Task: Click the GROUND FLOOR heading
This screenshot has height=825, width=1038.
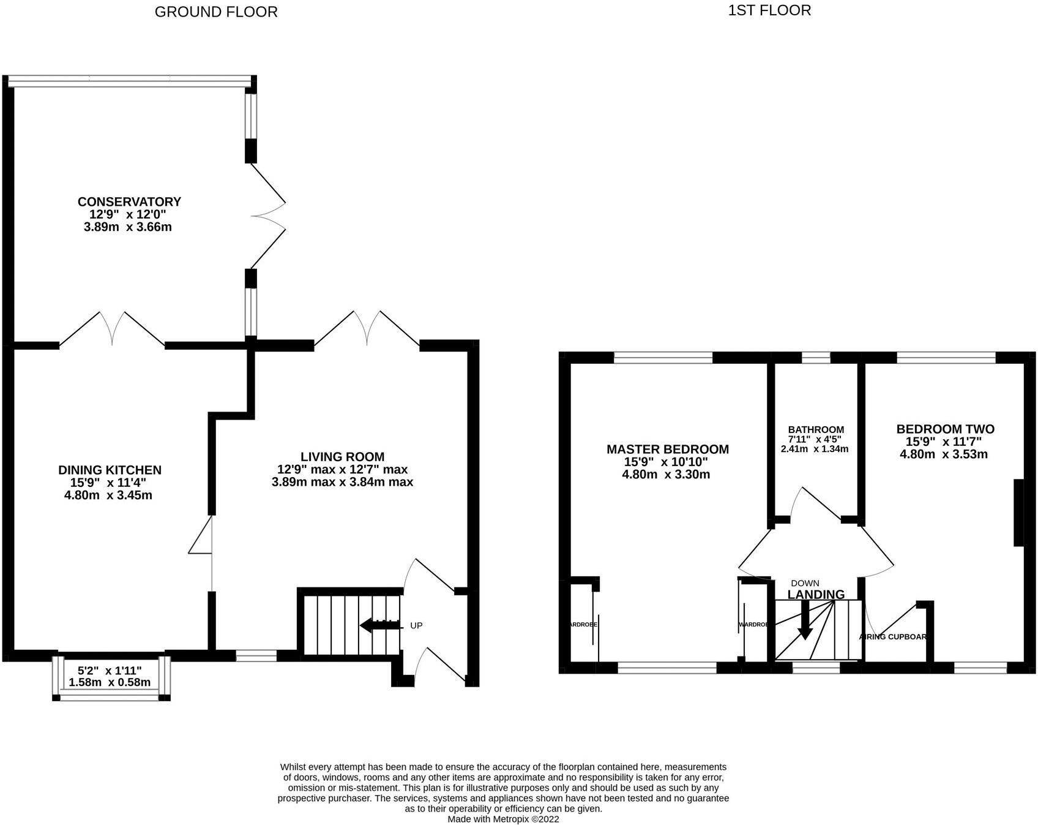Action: (x=215, y=12)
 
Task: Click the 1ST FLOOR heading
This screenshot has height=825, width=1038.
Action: (x=769, y=10)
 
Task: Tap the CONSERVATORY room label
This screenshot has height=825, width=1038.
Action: (x=129, y=202)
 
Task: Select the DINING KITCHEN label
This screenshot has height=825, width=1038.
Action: (x=110, y=470)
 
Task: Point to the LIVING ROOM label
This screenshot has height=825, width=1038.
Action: (x=342, y=456)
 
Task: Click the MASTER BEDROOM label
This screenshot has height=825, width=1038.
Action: (x=667, y=449)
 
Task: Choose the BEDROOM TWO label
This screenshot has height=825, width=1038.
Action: (x=945, y=429)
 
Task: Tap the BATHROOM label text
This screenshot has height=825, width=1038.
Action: (x=816, y=430)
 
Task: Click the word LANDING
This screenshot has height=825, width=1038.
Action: (x=815, y=594)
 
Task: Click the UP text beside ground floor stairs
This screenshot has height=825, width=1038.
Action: (x=416, y=625)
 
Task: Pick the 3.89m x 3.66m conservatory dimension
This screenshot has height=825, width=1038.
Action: (x=127, y=227)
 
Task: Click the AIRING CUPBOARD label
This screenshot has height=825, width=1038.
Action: (x=893, y=636)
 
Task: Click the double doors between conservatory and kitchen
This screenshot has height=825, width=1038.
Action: (x=112, y=330)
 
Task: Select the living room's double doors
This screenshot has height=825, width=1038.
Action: (x=367, y=328)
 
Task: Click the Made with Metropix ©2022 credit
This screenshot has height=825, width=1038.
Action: (x=502, y=818)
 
